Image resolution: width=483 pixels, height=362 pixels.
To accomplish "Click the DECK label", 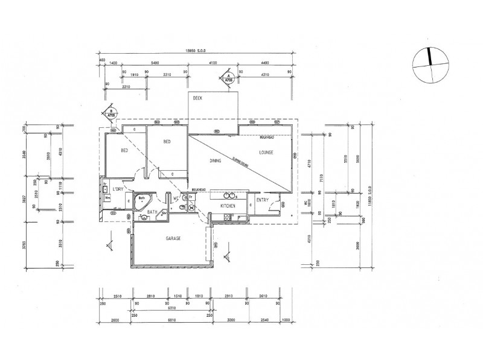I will [197, 97].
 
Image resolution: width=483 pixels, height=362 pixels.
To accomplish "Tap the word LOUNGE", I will [267, 153].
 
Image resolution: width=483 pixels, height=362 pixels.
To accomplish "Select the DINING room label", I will [216, 161].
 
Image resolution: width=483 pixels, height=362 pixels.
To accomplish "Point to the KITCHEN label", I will [227, 206].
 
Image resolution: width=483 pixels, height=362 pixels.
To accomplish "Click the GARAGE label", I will [174, 239].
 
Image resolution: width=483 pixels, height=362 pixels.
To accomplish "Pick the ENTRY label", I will [262, 200].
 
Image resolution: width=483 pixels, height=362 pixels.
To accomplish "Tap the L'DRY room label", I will [118, 189].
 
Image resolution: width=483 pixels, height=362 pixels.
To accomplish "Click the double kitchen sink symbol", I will [229, 195].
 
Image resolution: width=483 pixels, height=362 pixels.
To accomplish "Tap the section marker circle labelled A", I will [228, 78].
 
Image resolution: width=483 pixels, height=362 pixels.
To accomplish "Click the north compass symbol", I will [431, 64].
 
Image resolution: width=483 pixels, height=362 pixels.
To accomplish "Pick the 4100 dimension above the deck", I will [213, 63].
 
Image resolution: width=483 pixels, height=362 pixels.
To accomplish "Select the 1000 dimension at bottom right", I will [286, 320].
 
